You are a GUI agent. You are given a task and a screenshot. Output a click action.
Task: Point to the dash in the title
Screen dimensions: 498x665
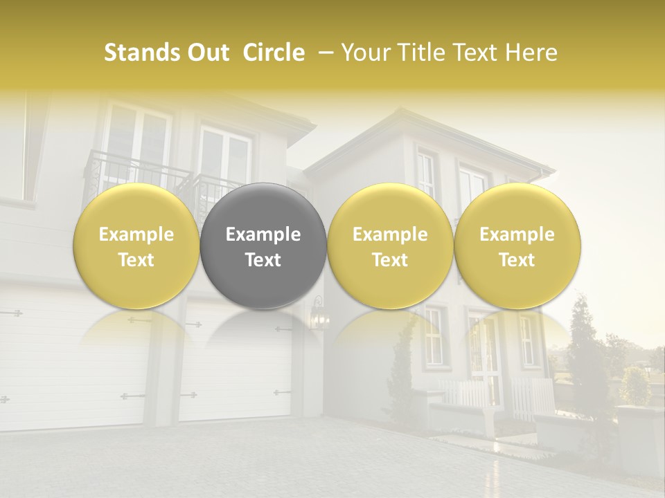(323, 53)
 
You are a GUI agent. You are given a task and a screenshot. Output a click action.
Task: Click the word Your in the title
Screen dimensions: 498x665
(363, 53)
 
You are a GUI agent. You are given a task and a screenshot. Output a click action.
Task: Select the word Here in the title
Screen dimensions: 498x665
(531, 53)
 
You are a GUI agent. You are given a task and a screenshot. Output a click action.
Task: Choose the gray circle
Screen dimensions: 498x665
(263, 207)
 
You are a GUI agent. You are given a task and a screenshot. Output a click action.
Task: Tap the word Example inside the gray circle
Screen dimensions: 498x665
(263, 234)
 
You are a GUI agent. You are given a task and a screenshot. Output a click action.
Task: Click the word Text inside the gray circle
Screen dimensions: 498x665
(263, 260)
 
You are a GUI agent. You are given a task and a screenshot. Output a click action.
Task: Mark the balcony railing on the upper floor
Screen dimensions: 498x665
(139, 169)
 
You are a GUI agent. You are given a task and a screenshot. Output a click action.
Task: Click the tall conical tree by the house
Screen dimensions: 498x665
(582, 353)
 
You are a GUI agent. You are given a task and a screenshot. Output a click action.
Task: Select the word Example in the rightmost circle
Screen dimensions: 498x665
(517, 234)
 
